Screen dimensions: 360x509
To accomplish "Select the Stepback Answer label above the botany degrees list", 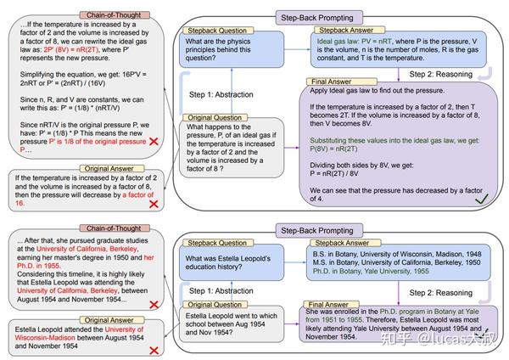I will [338, 243].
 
